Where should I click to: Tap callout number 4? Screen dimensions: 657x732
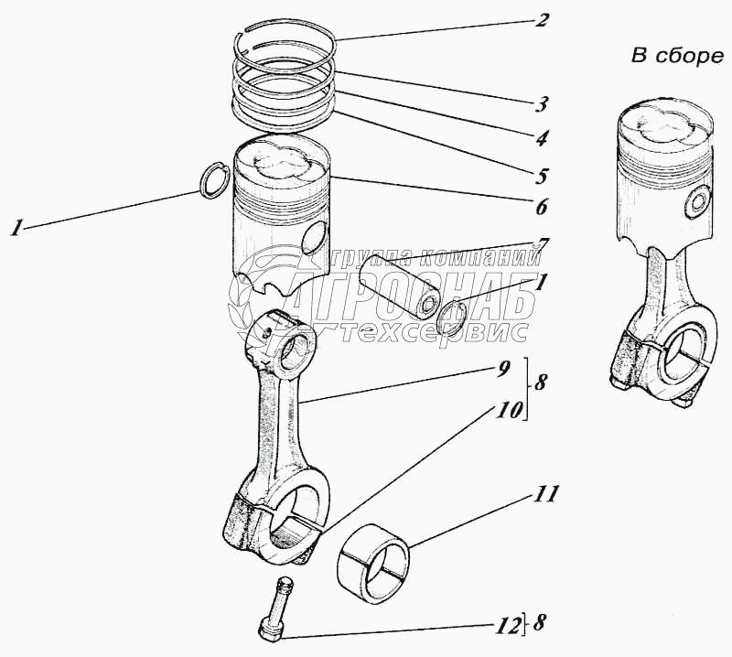(543, 138)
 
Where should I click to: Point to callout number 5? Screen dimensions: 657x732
(543, 173)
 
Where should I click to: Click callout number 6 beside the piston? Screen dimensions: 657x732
(543, 207)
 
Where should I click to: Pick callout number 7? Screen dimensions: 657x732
(543, 245)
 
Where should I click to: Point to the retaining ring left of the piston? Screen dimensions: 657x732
(214, 180)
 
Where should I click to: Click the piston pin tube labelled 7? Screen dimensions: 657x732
(401, 283)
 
